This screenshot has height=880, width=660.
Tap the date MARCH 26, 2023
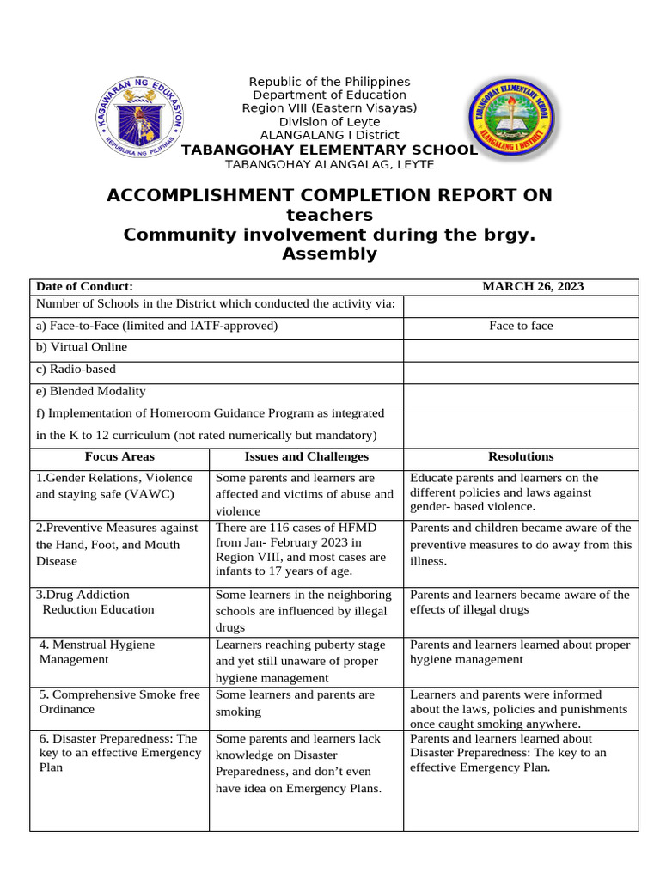click(x=533, y=287)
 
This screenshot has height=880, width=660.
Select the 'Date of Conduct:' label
click(x=84, y=287)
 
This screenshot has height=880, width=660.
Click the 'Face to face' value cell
click(x=521, y=326)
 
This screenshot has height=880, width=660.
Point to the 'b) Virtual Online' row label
click(x=81, y=347)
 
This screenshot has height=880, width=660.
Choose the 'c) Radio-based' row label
click(x=76, y=369)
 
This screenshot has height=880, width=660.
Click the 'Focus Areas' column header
click(x=119, y=457)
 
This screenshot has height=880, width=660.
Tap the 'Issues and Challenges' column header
click(x=306, y=457)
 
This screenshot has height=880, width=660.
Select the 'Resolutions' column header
click(x=521, y=457)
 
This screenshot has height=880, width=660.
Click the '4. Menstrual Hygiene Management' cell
click(x=97, y=652)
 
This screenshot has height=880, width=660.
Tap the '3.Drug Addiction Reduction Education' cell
click(x=95, y=602)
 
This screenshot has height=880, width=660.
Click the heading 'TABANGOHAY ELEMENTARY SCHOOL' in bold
click(x=329, y=150)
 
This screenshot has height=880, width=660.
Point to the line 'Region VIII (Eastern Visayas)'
click(x=329, y=107)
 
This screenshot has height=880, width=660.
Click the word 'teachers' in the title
click(x=329, y=215)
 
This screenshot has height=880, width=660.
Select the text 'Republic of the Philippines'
click(x=329, y=82)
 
